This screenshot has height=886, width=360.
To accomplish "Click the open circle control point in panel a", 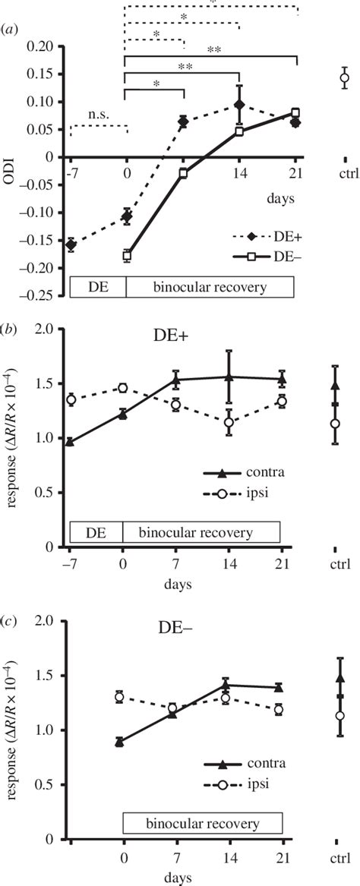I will coord(344,77).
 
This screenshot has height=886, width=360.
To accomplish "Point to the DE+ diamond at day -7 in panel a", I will coord(71,244).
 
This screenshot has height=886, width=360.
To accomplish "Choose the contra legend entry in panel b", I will coord(242,473).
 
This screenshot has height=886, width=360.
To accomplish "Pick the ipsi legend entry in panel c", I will coord(240,788).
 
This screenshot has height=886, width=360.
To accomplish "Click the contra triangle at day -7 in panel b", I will coord(70,442).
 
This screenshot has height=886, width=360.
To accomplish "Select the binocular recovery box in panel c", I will coord(203,824).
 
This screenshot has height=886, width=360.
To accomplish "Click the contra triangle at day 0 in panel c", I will coord(119,742).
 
